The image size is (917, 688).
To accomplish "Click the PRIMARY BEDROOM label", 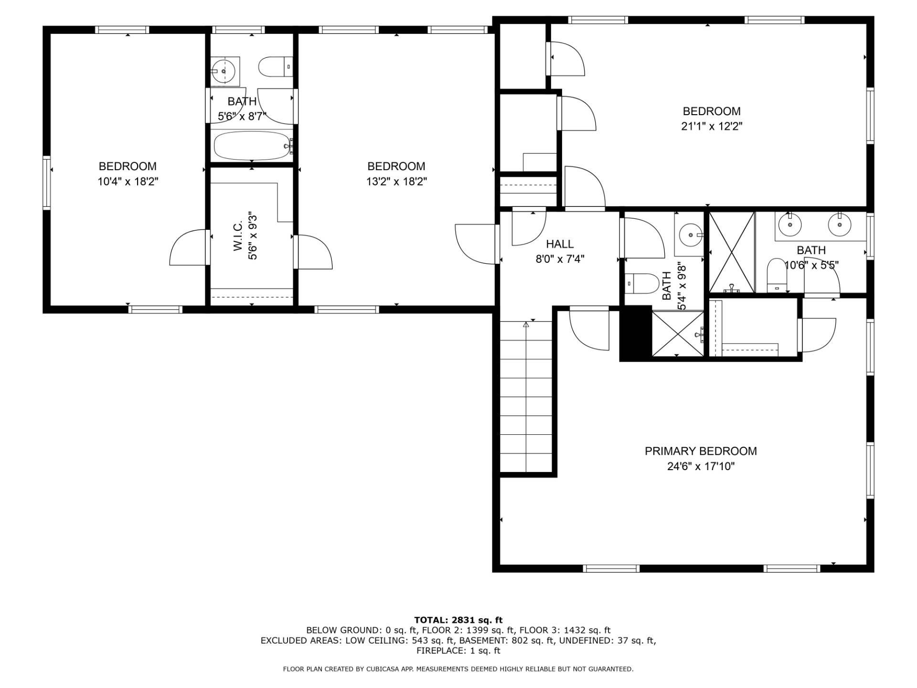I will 701,451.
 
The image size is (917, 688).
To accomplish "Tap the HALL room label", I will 560,244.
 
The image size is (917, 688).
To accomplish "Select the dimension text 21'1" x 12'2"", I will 712,127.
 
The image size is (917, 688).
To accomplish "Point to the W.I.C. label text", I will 239,236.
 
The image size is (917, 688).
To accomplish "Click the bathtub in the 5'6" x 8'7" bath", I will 252,146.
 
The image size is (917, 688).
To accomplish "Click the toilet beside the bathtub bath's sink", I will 275,67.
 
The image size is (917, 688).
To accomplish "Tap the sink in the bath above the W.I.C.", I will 224,71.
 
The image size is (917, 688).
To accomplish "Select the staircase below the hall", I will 525,397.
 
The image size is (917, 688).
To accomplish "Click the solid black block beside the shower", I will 636,333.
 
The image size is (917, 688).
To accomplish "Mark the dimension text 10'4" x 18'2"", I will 128,182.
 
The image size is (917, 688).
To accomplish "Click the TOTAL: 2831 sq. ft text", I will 458,620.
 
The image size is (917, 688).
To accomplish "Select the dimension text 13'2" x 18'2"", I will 396,182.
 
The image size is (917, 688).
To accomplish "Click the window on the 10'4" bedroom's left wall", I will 47,183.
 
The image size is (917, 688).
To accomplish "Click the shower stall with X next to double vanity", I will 731,252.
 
